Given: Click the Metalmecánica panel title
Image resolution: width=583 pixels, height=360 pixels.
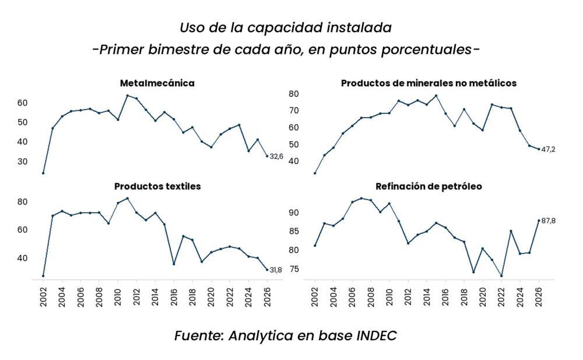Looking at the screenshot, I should tap(157, 83).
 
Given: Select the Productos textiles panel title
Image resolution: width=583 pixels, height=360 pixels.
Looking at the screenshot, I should tap(157, 187).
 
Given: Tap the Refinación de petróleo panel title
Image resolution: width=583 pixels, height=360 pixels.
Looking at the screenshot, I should tap(429, 187).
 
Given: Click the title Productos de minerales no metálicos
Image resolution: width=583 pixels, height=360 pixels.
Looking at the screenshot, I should tap(429, 83).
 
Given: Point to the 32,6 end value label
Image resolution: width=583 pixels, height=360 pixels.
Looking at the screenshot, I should tap(276, 156).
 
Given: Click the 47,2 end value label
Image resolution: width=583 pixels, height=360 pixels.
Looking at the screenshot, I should tap(549, 150).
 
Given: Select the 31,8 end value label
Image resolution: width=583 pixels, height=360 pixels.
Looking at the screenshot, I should tap(276, 270).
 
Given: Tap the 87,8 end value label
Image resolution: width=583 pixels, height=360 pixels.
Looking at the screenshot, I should tap(549, 221).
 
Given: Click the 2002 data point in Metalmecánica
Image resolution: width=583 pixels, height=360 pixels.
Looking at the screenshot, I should tap(43, 173).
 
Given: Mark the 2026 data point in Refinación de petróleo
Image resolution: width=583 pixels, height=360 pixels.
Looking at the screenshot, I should tap(539, 221).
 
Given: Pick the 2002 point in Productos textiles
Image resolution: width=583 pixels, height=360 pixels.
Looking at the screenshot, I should tap(43, 275).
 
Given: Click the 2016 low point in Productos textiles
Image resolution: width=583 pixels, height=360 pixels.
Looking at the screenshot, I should tap(174, 264).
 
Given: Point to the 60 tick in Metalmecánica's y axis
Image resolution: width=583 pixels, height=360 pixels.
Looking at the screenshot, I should tap(22, 103).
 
